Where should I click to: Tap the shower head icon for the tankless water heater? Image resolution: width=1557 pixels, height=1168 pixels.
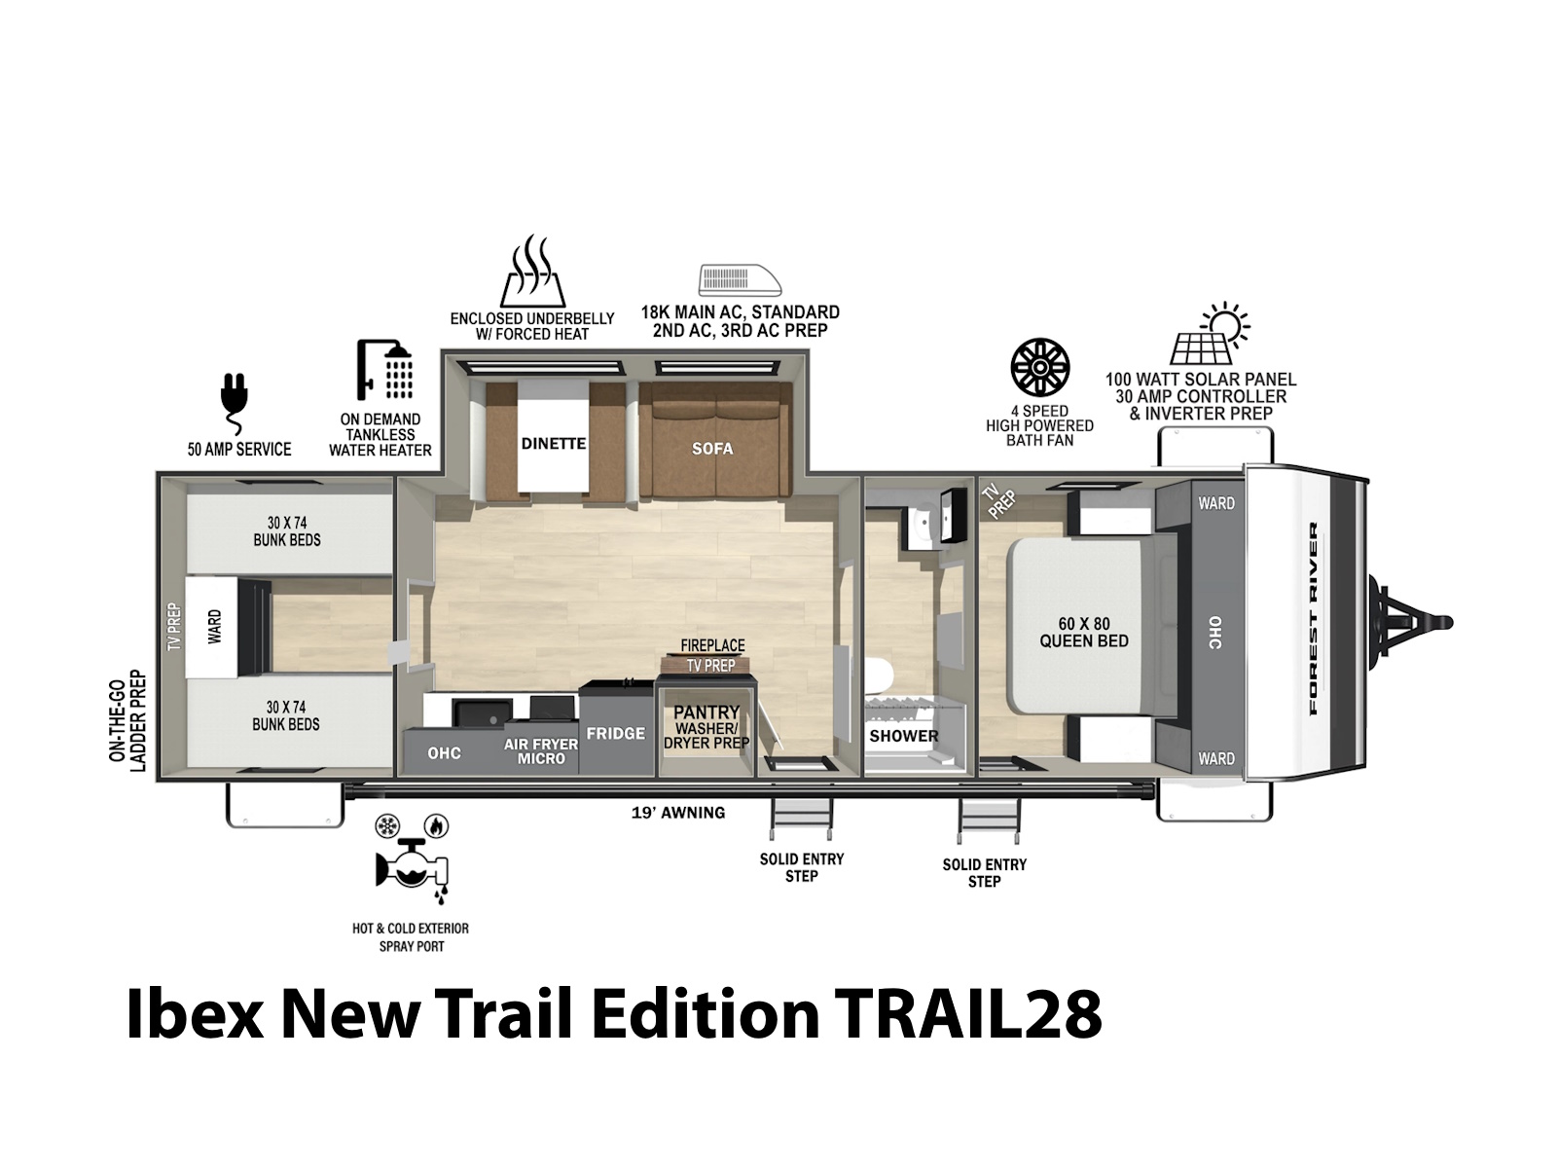[384, 369]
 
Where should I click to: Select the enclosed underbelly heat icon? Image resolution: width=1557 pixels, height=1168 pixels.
[532, 271]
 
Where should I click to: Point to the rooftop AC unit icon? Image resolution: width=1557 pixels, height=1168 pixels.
[740, 279]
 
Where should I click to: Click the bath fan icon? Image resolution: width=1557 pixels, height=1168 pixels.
[1039, 367]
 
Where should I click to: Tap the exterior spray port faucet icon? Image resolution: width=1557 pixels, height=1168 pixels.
[413, 858]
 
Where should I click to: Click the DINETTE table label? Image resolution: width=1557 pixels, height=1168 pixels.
[554, 443]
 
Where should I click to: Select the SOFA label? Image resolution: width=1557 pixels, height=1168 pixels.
[712, 448]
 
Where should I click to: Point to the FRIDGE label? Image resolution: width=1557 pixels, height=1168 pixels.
[616, 733]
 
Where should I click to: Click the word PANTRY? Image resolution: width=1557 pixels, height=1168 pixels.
[706, 712]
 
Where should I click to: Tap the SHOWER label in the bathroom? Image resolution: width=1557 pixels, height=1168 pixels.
[904, 736]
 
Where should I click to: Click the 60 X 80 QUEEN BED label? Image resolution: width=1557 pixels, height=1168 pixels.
[1084, 632]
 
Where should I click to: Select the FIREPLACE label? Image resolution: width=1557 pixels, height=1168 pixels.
[712, 645]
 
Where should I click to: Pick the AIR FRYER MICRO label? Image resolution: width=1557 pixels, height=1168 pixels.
[540, 751]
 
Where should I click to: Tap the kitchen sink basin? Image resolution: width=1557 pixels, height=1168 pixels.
[483, 712]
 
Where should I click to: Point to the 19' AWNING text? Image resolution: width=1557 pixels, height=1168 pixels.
[678, 813]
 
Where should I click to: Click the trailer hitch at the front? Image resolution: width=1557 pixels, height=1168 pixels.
[1412, 623]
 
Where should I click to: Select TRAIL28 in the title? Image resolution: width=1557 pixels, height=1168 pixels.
[967, 1014]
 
